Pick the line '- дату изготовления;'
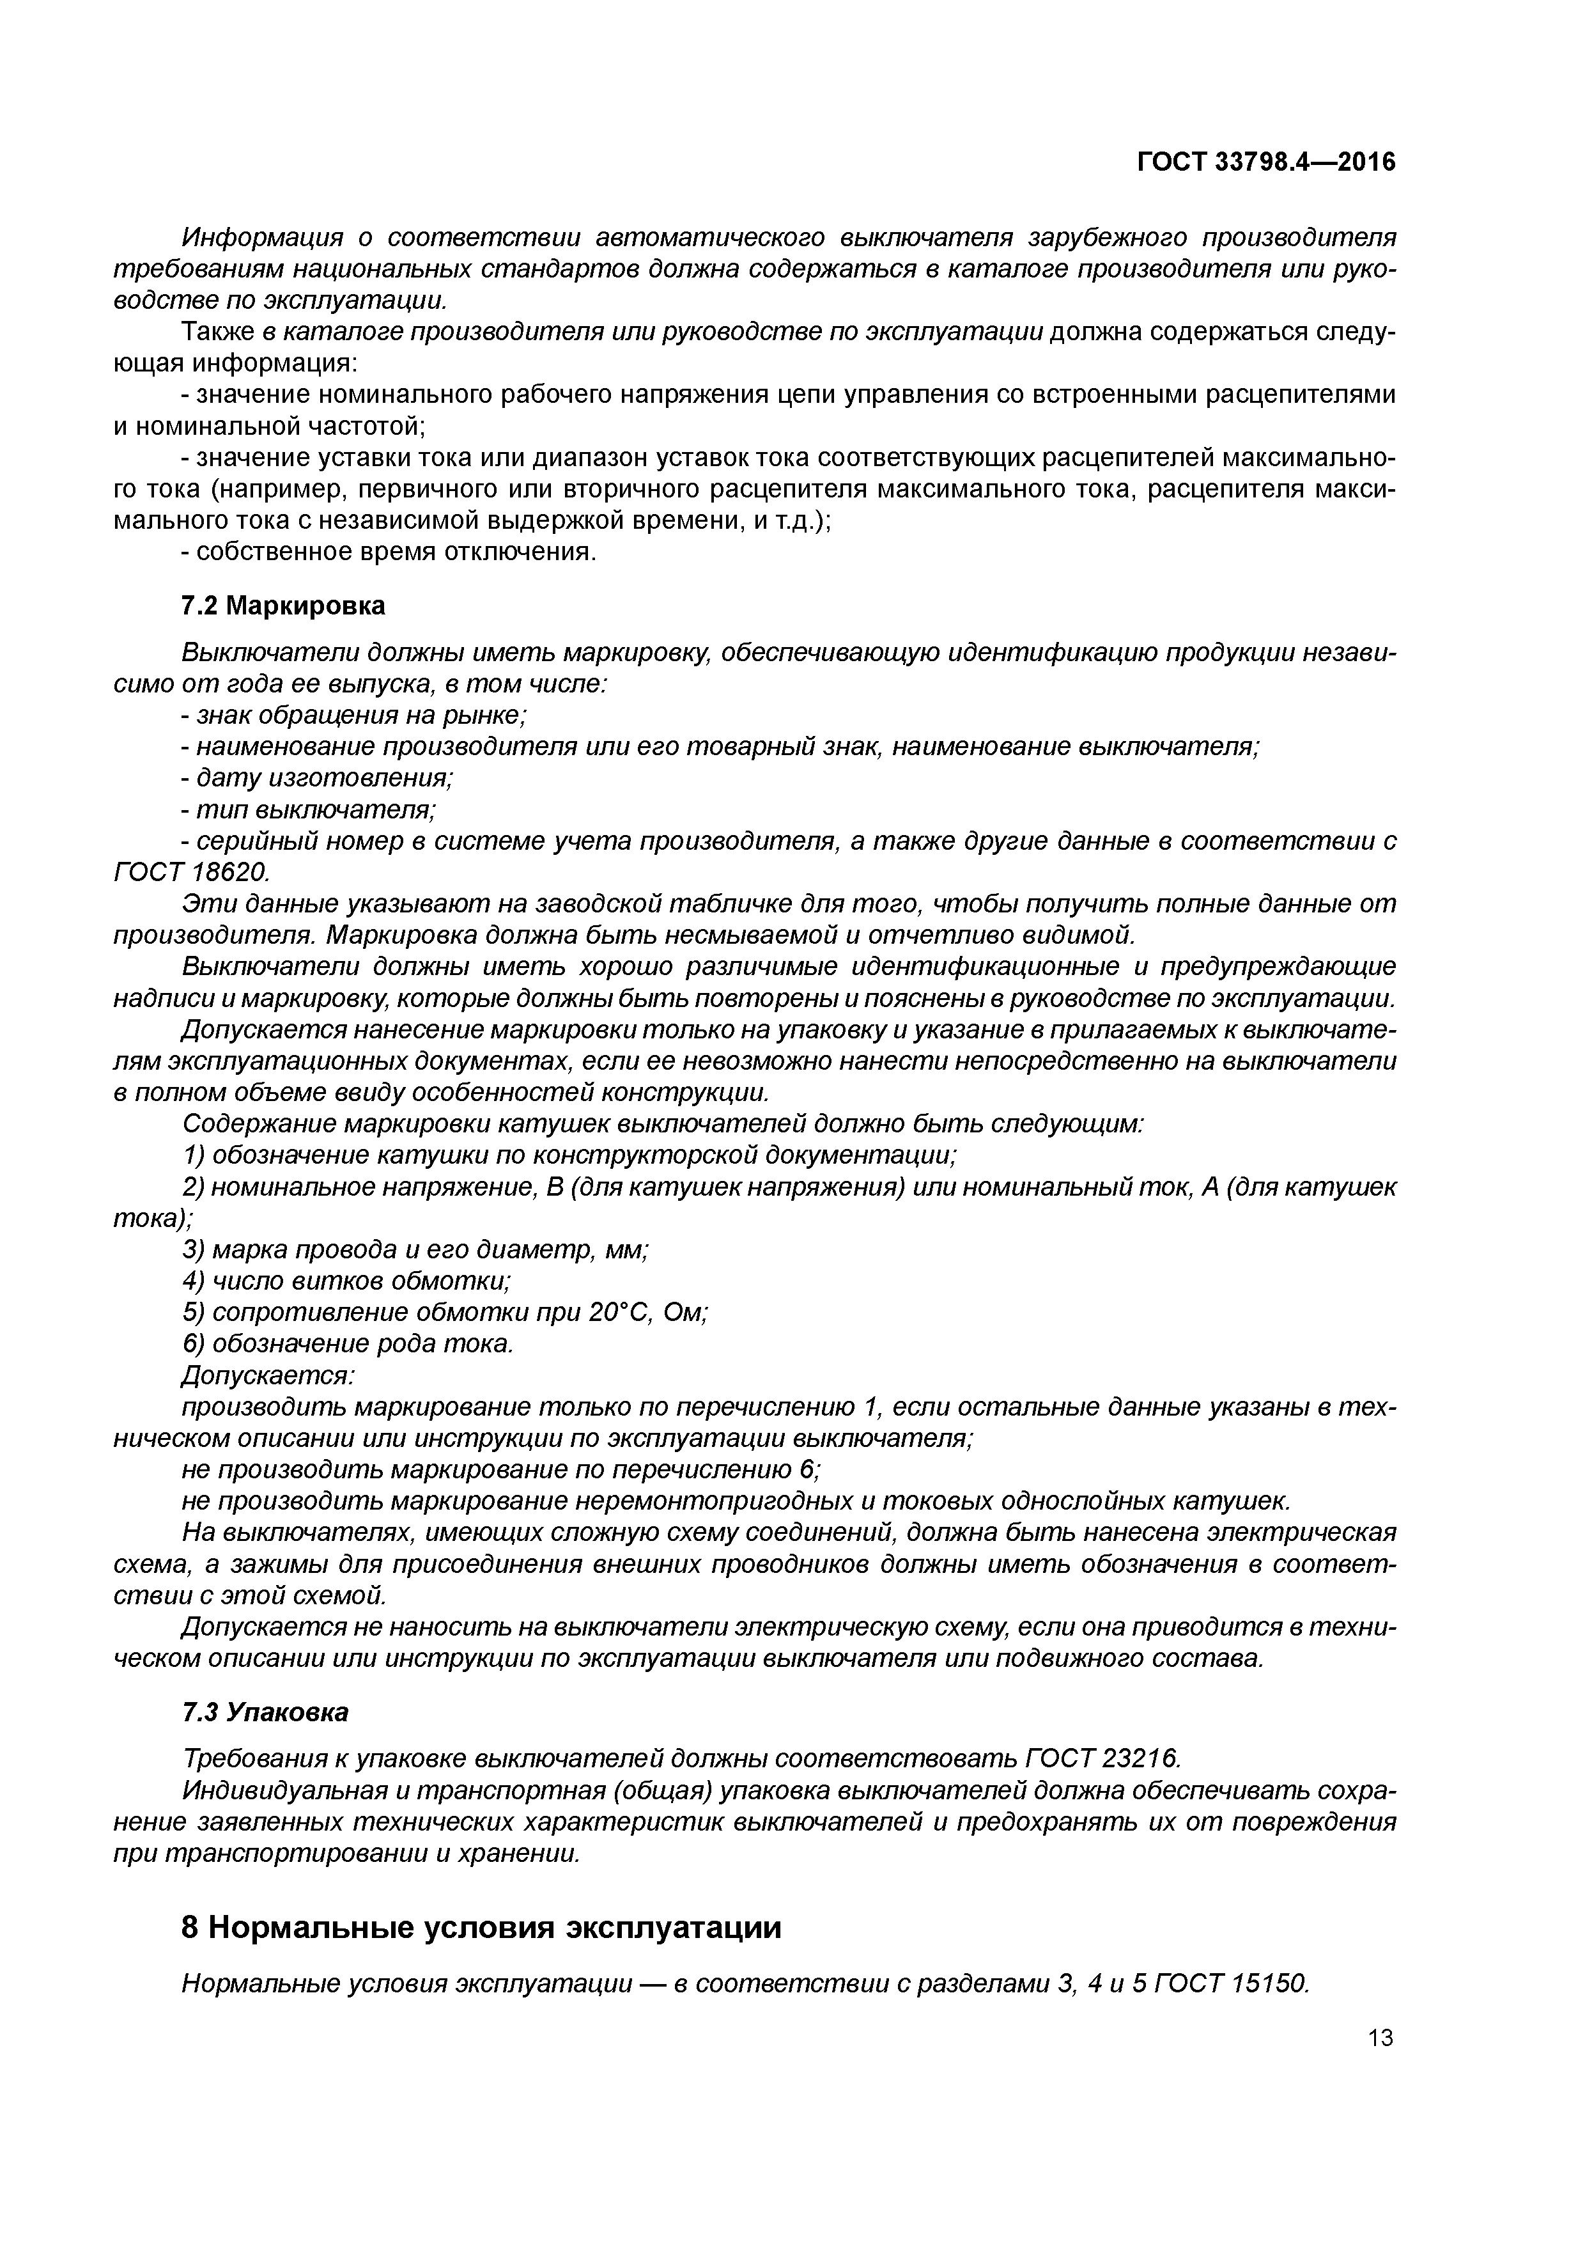tap(318, 778)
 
